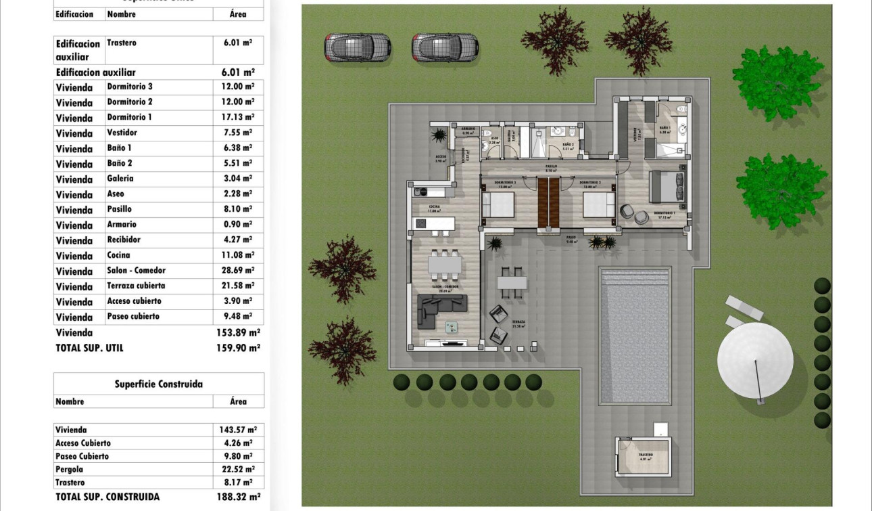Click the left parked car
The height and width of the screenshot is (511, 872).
pos(358,47)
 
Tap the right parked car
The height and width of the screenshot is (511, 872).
pos(445,47)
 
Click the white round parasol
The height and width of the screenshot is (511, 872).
pos(755,360)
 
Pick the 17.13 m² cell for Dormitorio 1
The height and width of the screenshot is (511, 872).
pos(238,118)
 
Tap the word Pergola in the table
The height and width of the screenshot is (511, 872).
pos(70,469)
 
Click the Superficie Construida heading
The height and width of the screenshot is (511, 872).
pos(158,384)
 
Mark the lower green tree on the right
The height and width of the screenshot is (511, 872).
pos(781,192)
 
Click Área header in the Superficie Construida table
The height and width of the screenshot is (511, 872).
pos(238,401)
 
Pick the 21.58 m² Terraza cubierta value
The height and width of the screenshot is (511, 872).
pos(238,286)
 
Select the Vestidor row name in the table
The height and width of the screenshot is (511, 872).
pos(122,133)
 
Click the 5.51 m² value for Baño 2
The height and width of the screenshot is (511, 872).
pos(238,163)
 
